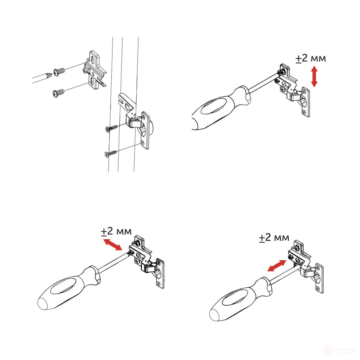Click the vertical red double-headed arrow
314,77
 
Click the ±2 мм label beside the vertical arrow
310,58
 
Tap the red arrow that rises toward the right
277,265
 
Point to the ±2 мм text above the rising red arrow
274,238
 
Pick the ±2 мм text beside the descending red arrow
116,232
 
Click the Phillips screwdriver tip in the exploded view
48,74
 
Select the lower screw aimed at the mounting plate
59,93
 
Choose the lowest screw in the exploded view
111,153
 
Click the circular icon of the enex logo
329,350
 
